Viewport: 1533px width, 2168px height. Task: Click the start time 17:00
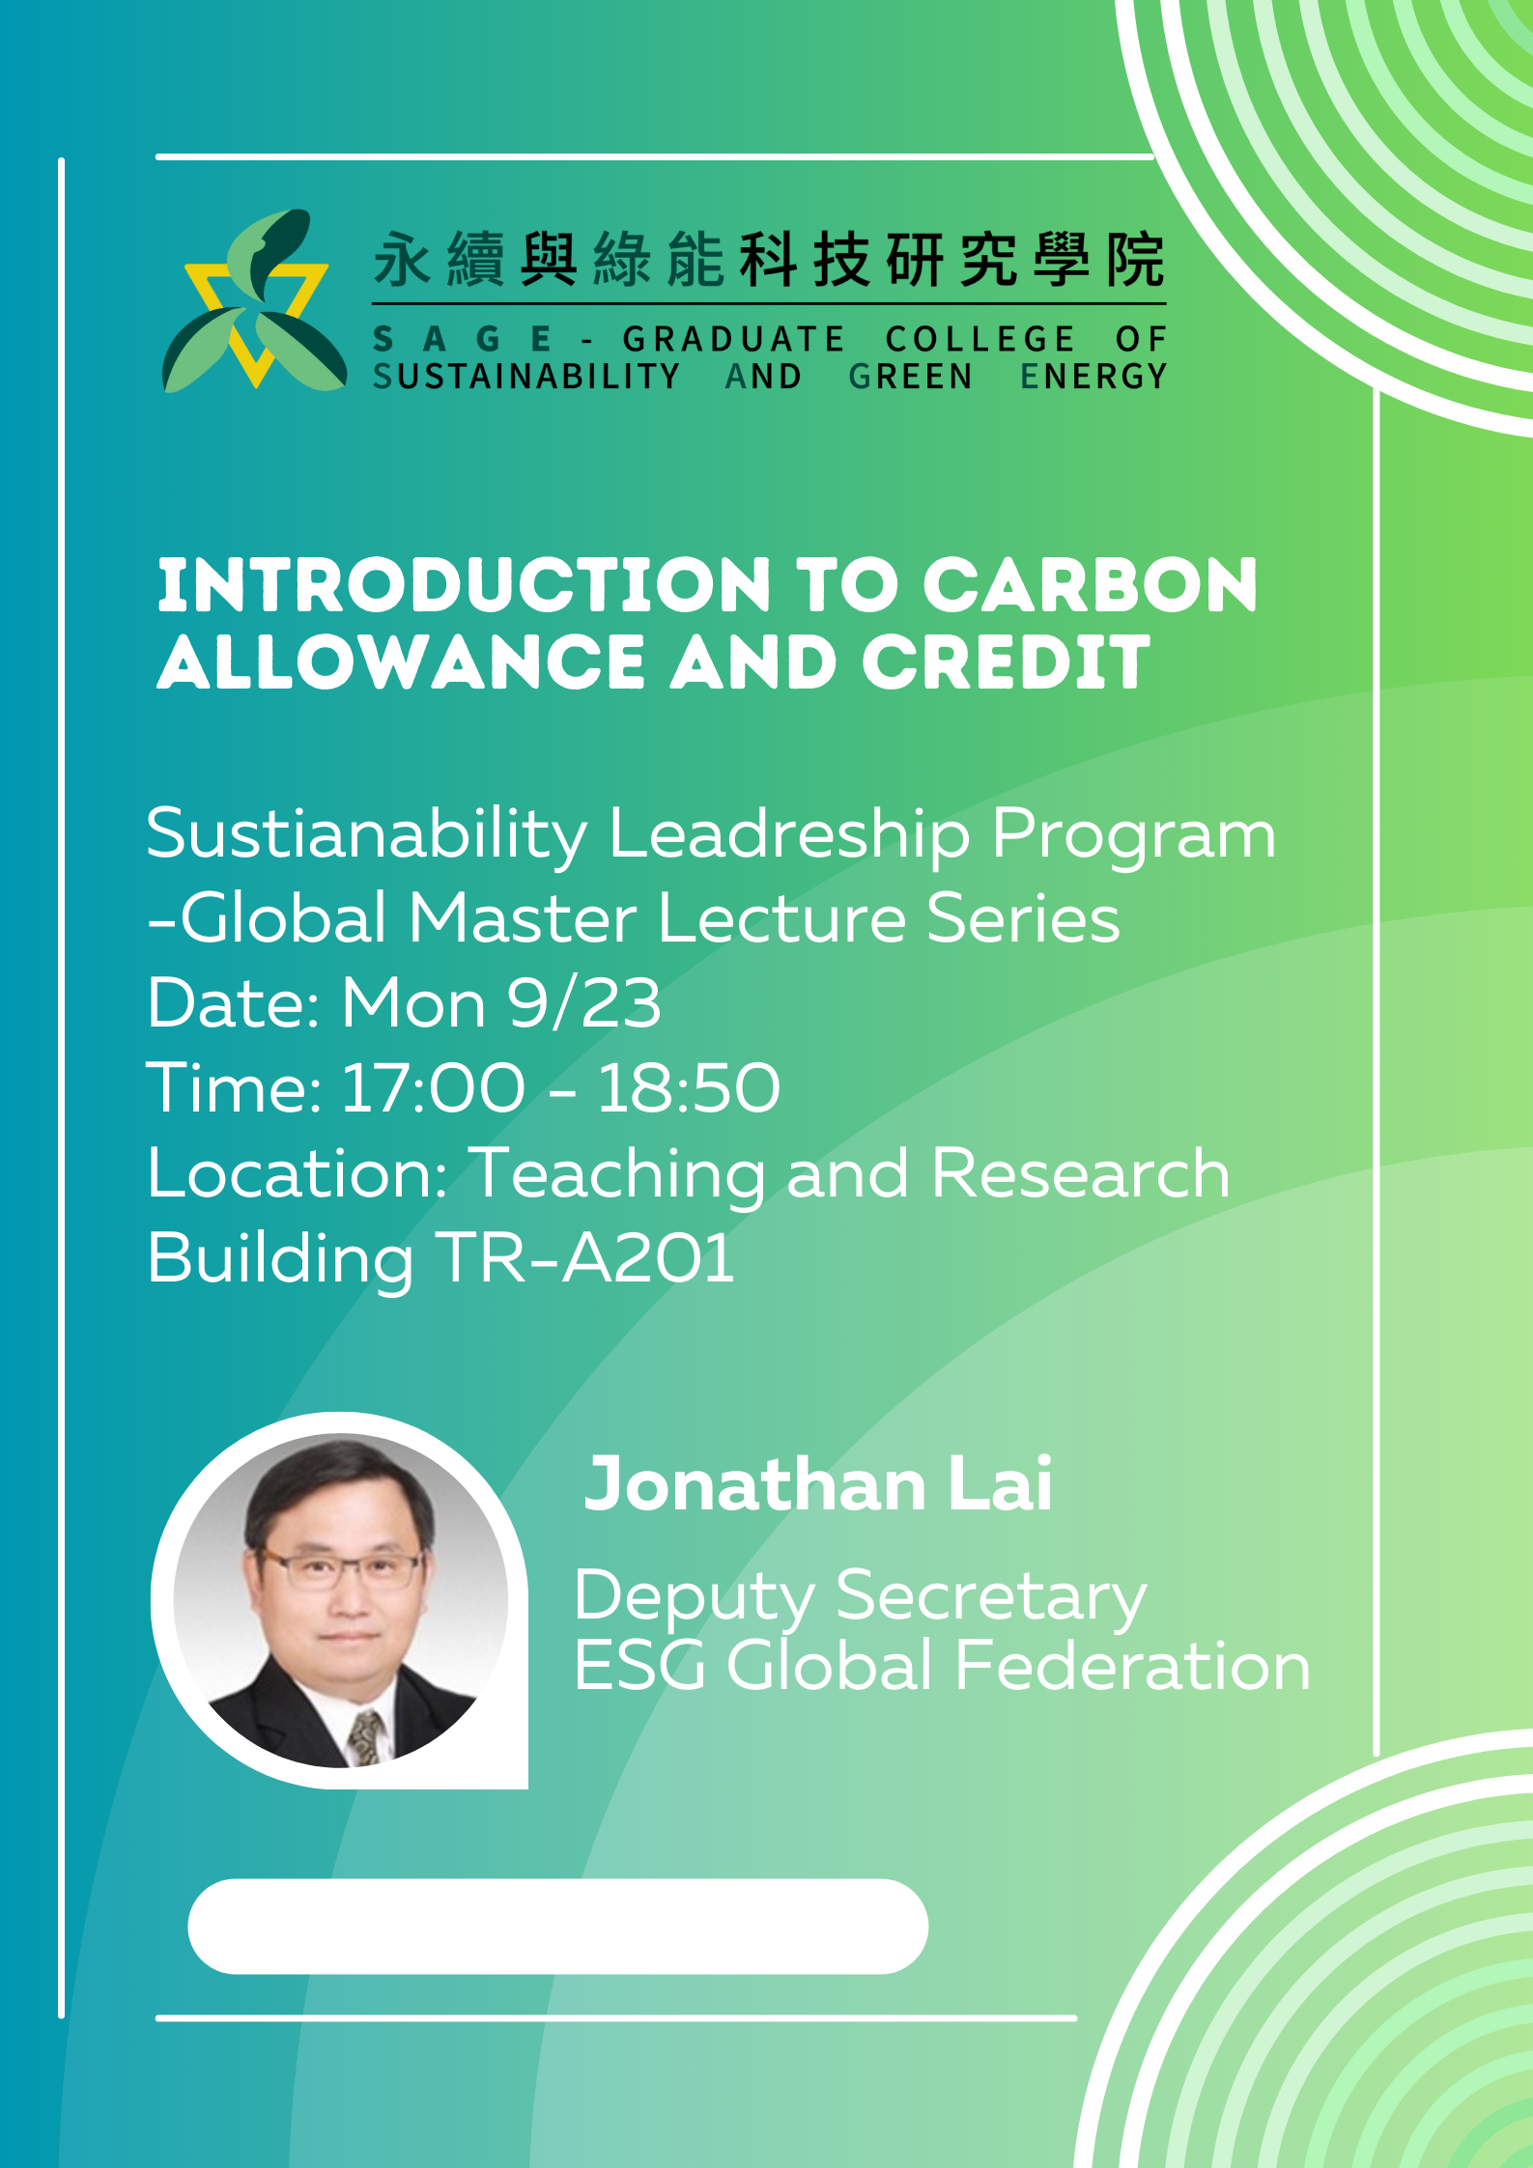tap(434, 1087)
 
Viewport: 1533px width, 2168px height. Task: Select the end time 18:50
tap(689, 1087)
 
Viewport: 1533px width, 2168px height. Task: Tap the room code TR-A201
tap(585, 1257)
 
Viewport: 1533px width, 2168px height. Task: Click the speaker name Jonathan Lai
tap(818, 1484)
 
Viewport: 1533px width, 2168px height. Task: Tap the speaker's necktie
tap(365, 1733)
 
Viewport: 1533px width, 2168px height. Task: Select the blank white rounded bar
tap(558, 1927)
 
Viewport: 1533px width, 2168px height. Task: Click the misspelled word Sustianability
tap(366, 836)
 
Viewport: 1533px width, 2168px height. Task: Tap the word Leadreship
tap(789, 836)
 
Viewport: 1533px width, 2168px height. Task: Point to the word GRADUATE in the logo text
tap(734, 339)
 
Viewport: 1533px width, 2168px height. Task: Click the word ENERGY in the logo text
tap(1094, 376)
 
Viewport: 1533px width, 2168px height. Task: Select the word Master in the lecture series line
tap(523, 918)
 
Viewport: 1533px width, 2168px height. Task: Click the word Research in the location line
tap(1081, 1173)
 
